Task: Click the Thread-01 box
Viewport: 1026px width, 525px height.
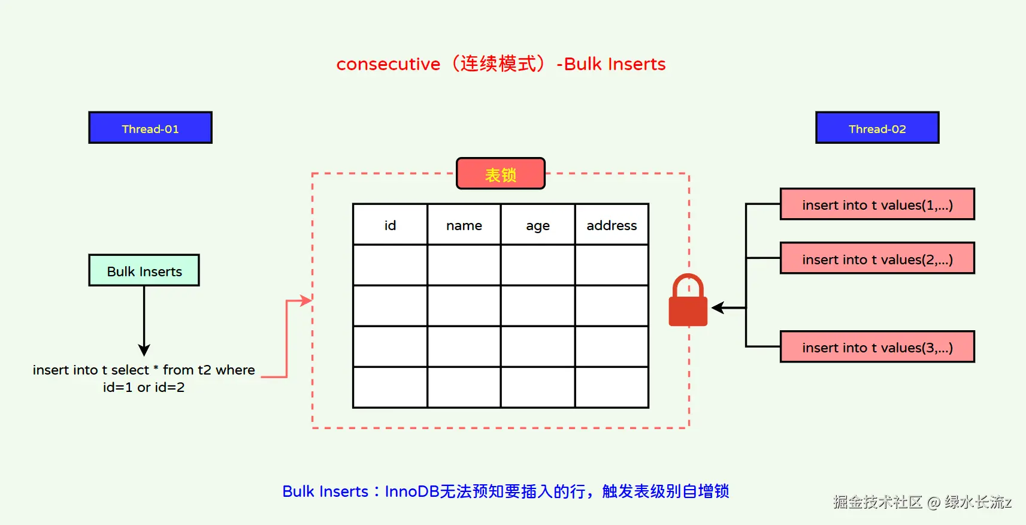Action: (x=150, y=128)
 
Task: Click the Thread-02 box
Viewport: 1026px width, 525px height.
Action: (x=877, y=128)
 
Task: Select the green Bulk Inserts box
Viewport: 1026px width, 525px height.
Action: (x=144, y=270)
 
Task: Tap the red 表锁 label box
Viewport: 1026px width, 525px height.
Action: (x=501, y=174)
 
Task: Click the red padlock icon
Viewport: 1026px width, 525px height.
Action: (x=688, y=302)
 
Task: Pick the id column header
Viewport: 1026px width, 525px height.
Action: (x=390, y=225)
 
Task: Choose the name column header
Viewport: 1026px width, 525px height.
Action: (x=464, y=225)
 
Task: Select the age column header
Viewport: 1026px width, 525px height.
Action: (x=538, y=225)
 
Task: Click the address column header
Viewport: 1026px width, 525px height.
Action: (x=612, y=225)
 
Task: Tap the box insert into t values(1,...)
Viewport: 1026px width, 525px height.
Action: (x=877, y=204)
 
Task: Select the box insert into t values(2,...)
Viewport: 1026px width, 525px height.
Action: (x=877, y=258)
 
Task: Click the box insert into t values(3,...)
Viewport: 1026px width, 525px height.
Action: (x=877, y=347)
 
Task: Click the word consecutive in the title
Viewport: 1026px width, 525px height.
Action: (x=388, y=64)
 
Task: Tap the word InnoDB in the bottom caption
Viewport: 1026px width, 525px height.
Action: (x=412, y=491)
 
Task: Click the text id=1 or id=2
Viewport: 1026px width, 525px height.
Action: (x=144, y=387)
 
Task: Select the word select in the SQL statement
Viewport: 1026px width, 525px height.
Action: (x=130, y=370)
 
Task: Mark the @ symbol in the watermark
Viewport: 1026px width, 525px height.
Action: (x=933, y=502)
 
